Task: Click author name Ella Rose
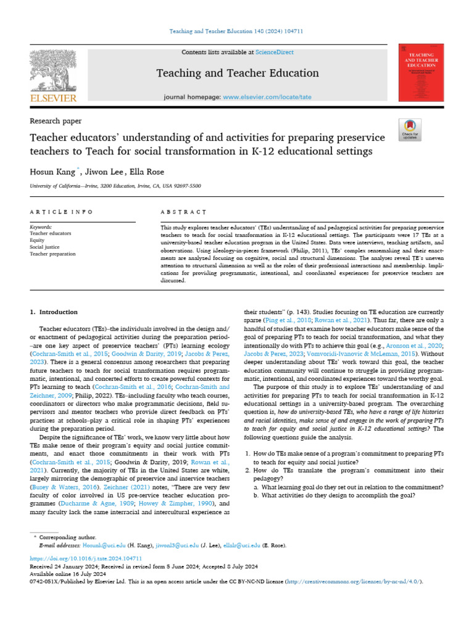pyautogui.click(x=148, y=171)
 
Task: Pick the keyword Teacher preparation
pyautogui.click(x=52, y=254)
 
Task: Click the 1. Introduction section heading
pyautogui.click(x=54, y=312)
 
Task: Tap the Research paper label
pyautogui.click(x=56, y=121)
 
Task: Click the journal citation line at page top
pyautogui.click(x=237, y=31)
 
